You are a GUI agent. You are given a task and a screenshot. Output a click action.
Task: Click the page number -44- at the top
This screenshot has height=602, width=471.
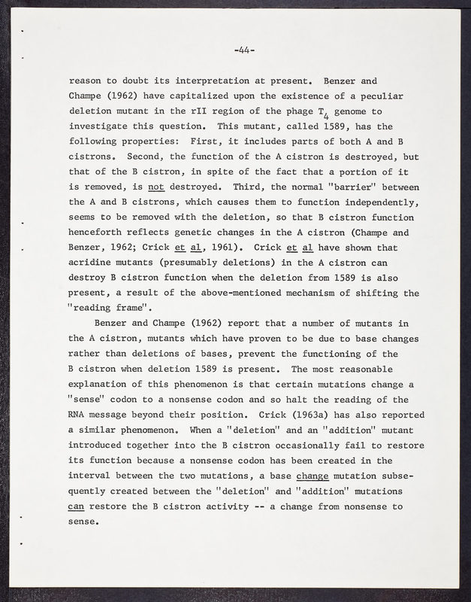[245, 51]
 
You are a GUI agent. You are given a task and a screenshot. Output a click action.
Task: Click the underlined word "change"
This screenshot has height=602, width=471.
[314, 476]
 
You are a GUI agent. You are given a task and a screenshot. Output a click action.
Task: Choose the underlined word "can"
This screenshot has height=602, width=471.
[76, 506]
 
